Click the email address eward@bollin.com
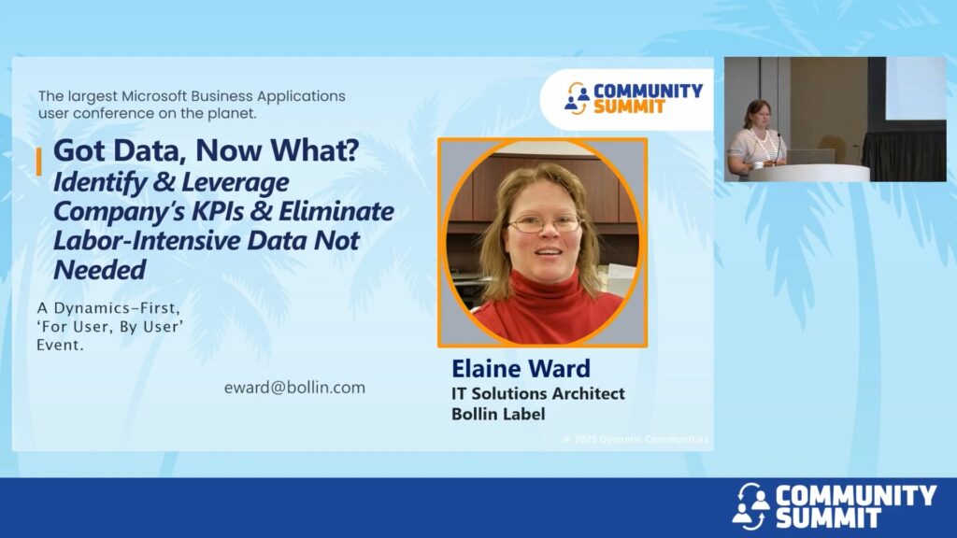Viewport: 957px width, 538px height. [x=294, y=388]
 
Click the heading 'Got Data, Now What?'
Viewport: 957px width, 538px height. [x=207, y=150]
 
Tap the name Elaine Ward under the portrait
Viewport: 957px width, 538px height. [x=521, y=368]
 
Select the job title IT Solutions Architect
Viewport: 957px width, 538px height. [x=537, y=393]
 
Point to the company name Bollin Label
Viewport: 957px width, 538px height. [x=498, y=414]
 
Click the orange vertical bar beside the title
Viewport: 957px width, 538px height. [x=39, y=162]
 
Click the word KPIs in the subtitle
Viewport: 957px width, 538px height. [x=220, y=211]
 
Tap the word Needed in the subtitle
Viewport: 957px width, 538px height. [x=100, y=270]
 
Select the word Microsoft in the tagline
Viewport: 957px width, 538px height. [x=154, y=96]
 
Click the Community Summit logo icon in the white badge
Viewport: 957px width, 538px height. [x=576, y=98]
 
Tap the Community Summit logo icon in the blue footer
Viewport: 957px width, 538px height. [x=750, y=505]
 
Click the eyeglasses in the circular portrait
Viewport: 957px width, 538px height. [x=545, y=223]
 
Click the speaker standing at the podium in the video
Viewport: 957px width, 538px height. [x=755, y=137]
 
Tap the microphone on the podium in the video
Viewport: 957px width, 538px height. [x=778, y=147]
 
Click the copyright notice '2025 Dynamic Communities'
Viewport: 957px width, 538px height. [x=636, y=439]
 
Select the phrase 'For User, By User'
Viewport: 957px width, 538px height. [x=110, y=327]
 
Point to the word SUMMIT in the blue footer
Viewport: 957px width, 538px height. [x=828, y=517]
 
